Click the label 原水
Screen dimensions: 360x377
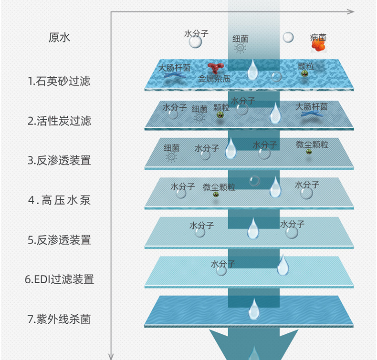click(x=59, y=38)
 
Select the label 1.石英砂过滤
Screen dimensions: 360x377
click(x=59, y=81)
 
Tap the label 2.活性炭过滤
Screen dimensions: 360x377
click(x=59, y=121)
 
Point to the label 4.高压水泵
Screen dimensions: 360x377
click(x=59, y=200)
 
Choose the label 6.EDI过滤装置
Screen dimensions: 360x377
click(x=59, y=279)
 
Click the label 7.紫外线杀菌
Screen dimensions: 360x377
click(x=59, y=319)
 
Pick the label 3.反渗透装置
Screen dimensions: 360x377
click(x=59, y=160)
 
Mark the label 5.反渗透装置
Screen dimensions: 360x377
click(x=59, y=239)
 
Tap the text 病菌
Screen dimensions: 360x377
click(x=318, y=37)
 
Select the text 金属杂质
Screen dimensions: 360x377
click(x=214, y=79)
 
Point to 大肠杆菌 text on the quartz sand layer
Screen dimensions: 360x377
click(x=174, y=68)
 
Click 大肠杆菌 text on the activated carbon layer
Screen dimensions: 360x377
click(x=312, y=106)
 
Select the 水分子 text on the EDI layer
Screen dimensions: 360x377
click(x=223, y=264)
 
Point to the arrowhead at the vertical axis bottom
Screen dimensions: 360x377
click(x=111, y=355)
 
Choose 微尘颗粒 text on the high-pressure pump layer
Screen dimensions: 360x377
click(x=219, y=187)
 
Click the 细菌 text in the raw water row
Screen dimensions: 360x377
click(x=240, y=39)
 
